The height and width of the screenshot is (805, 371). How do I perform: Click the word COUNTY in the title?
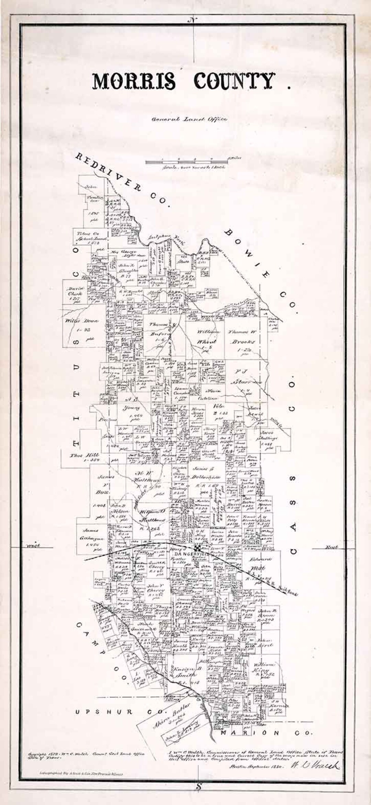234,81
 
